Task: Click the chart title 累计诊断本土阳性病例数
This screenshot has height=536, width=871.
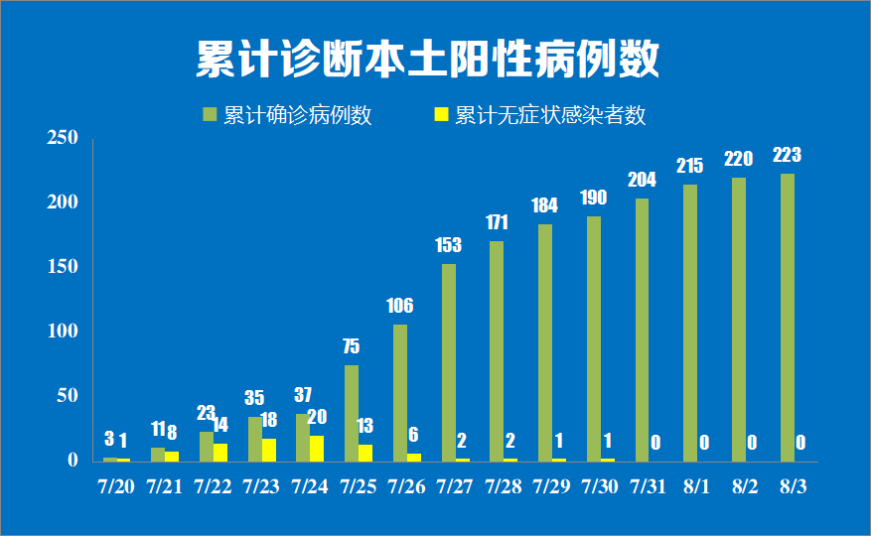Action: click(x=427, y=60)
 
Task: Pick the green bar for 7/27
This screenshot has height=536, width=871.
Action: click(x=449, y=362)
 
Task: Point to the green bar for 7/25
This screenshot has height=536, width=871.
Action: click(x=352, y=413)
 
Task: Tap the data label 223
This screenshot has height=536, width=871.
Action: click(x=787, y=155)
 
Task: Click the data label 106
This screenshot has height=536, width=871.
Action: click(x=399, y=306)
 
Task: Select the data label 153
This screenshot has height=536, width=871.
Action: click(x=449, y=244)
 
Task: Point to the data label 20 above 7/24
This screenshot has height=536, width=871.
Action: click(x=317, y=417)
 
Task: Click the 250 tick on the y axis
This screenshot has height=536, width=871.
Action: click(x=62, y=138)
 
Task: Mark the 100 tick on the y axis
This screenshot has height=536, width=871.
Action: click(x=62, y=332)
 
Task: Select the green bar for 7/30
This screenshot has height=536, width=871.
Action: click(x=594, y=338)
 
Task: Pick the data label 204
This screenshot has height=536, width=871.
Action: click(x=642, y=180)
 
